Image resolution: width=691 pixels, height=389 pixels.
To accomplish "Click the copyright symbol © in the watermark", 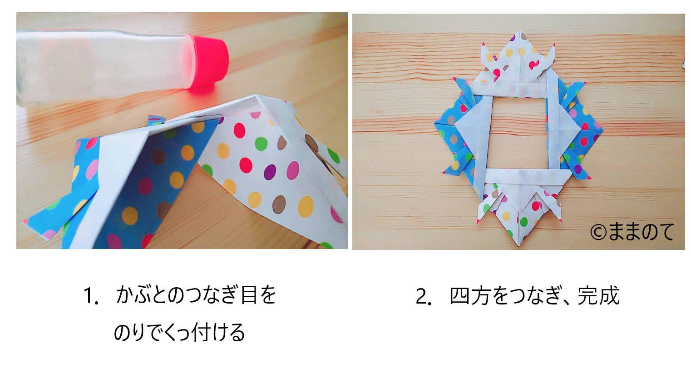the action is click(598, 233).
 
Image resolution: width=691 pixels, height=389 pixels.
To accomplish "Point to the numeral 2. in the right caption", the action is click(423, 296).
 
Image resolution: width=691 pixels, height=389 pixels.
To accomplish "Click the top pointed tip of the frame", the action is click(519, 30).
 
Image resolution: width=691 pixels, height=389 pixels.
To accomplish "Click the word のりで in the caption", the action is click(138, 333).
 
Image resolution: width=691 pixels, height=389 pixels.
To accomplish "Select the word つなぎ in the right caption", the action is click(537, 296).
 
